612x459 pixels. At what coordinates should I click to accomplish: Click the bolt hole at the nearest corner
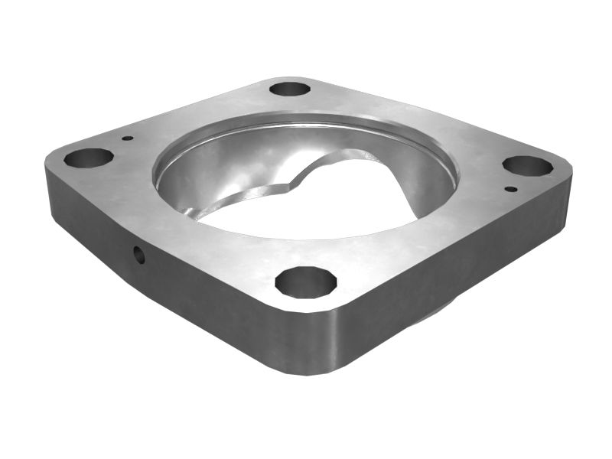tap(305, 282)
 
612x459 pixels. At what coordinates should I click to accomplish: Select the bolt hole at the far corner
tap(290, 89)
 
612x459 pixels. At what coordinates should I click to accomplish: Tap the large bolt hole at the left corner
tap(88, 158)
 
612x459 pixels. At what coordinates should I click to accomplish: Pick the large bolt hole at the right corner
tap(527, 166)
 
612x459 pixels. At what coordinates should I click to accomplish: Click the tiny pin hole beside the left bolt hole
tap(128, 138)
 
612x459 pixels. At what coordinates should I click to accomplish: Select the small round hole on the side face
tap(139, 255)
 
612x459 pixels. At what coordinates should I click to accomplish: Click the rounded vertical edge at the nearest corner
tap(310, 344)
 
